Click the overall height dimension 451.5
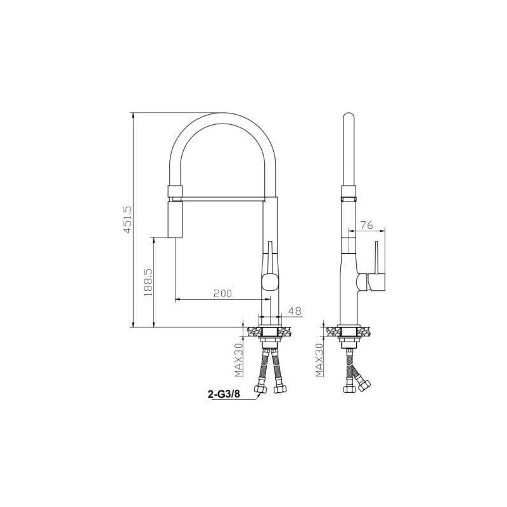click(127, 219)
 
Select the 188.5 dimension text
click(147, 283)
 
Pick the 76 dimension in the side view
click(366, 225)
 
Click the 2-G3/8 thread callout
click(224, 394)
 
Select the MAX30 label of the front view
click(239, 359)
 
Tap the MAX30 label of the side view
click(320, 359)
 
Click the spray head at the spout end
click(174, 219)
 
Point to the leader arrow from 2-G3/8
click(253, 395)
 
